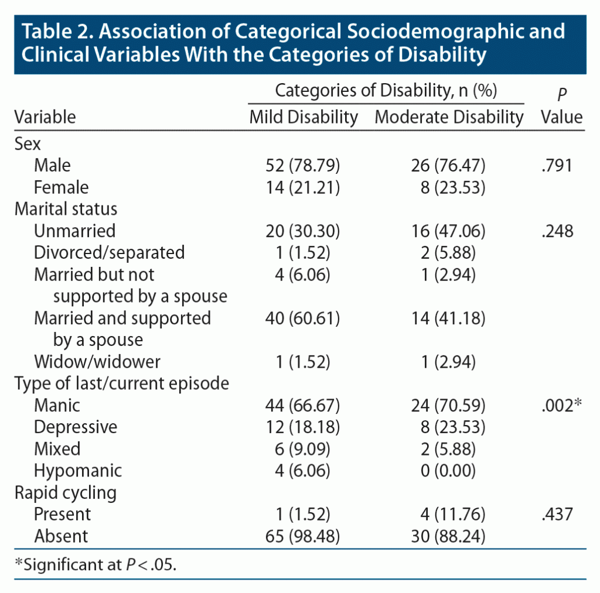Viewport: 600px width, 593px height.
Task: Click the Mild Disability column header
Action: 304,117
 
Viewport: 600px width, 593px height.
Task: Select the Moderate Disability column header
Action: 449,117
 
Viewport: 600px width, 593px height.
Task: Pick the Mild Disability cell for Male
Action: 303,166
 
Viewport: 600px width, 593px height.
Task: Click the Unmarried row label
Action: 74,231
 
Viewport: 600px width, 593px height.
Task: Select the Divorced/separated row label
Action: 109,252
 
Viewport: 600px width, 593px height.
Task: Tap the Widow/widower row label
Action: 97,361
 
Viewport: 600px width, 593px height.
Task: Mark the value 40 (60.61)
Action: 303,318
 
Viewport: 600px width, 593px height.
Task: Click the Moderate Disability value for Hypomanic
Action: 449,471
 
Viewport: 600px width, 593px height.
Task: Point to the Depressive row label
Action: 75,427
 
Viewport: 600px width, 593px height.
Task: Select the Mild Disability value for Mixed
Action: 303,449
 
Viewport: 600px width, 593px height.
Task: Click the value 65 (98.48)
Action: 303,536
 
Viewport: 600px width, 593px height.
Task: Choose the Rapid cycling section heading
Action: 65,492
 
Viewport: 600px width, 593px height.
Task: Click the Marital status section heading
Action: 66,209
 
